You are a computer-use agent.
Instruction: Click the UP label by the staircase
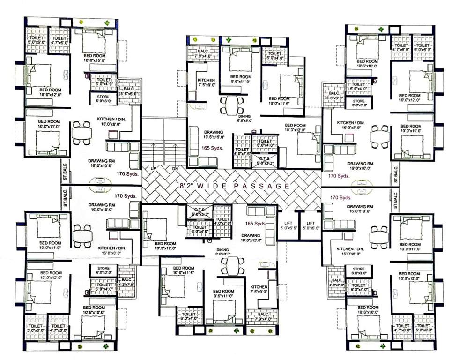click(153, 168)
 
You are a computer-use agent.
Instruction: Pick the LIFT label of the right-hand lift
click(310, 224)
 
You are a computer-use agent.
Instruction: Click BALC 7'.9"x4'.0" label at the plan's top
click(203, 52)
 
